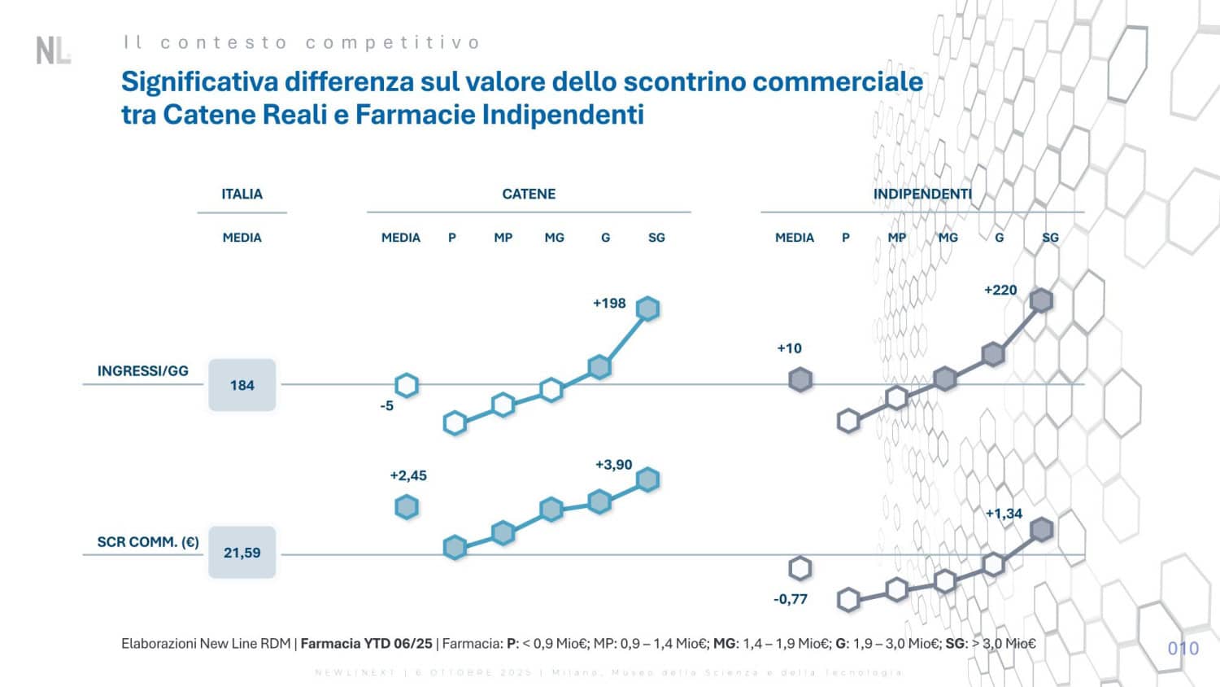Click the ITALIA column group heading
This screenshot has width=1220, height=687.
coord(242,194)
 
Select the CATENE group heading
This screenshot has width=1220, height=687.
coord(529,194)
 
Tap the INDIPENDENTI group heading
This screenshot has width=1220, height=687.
coord(922,194)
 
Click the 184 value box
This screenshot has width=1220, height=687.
coord(242,385)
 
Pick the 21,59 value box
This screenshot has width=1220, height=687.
coord(242,553)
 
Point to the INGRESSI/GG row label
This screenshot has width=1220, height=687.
coord(143,371)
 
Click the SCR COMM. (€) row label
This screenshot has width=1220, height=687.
coord(148,542)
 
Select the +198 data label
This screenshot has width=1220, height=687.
coord(609,304)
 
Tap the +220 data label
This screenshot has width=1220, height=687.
coord(1000,290)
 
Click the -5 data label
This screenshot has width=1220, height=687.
coord(387,405)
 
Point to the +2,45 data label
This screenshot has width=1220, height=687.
coord(408,475)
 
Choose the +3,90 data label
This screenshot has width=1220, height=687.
coord(613,465)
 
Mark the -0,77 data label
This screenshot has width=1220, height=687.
coord(791,599)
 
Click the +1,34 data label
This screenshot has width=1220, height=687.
coord(1004,514)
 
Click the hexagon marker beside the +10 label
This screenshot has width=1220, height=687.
coord(800,379)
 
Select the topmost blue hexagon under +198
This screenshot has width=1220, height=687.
coord(647,308)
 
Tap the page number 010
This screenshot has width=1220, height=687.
coord(1183,649)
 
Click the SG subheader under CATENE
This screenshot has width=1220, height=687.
coord(656,238)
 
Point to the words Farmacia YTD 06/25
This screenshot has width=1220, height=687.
coord(367,644)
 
